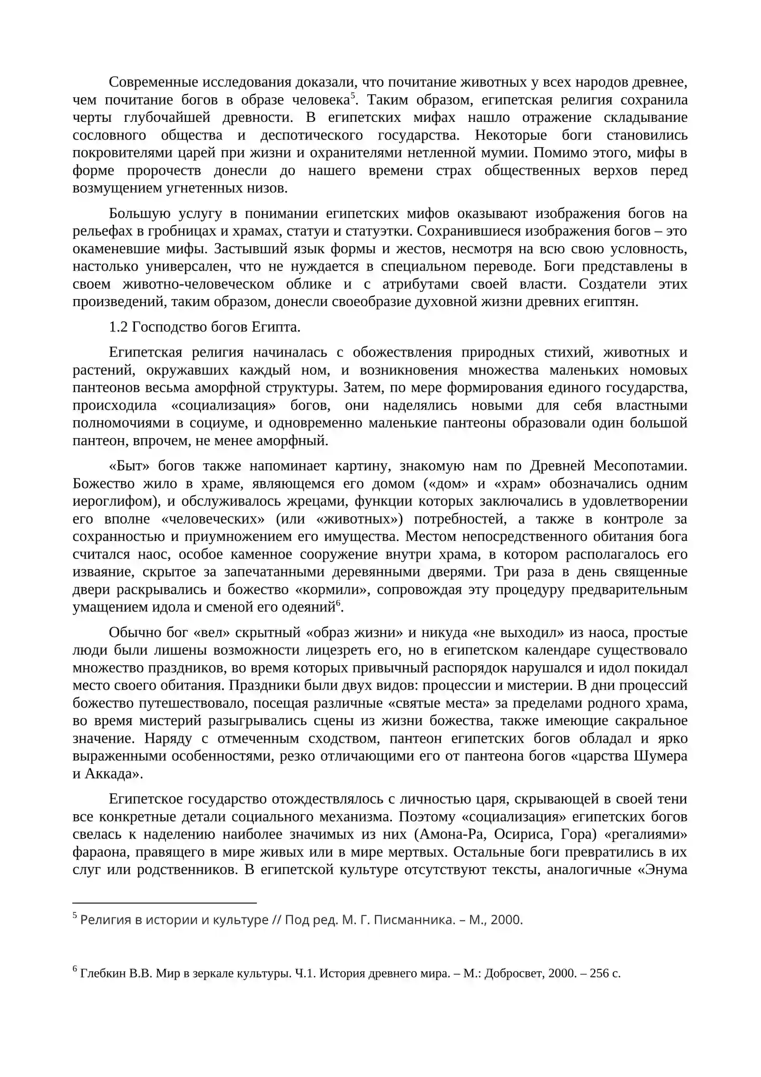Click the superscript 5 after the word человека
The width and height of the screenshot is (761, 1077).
pyautogui.click(x=352, y=97)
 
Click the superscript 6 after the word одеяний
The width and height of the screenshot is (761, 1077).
pyautogui.click(x=338, y=603)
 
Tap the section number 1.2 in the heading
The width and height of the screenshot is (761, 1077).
pyautogui.click(x=118, y=328)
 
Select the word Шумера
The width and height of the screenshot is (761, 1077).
pyautogui.click(x=661, y=757)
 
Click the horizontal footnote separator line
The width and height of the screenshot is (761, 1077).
pyautogui.click(x=165, y=903)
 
